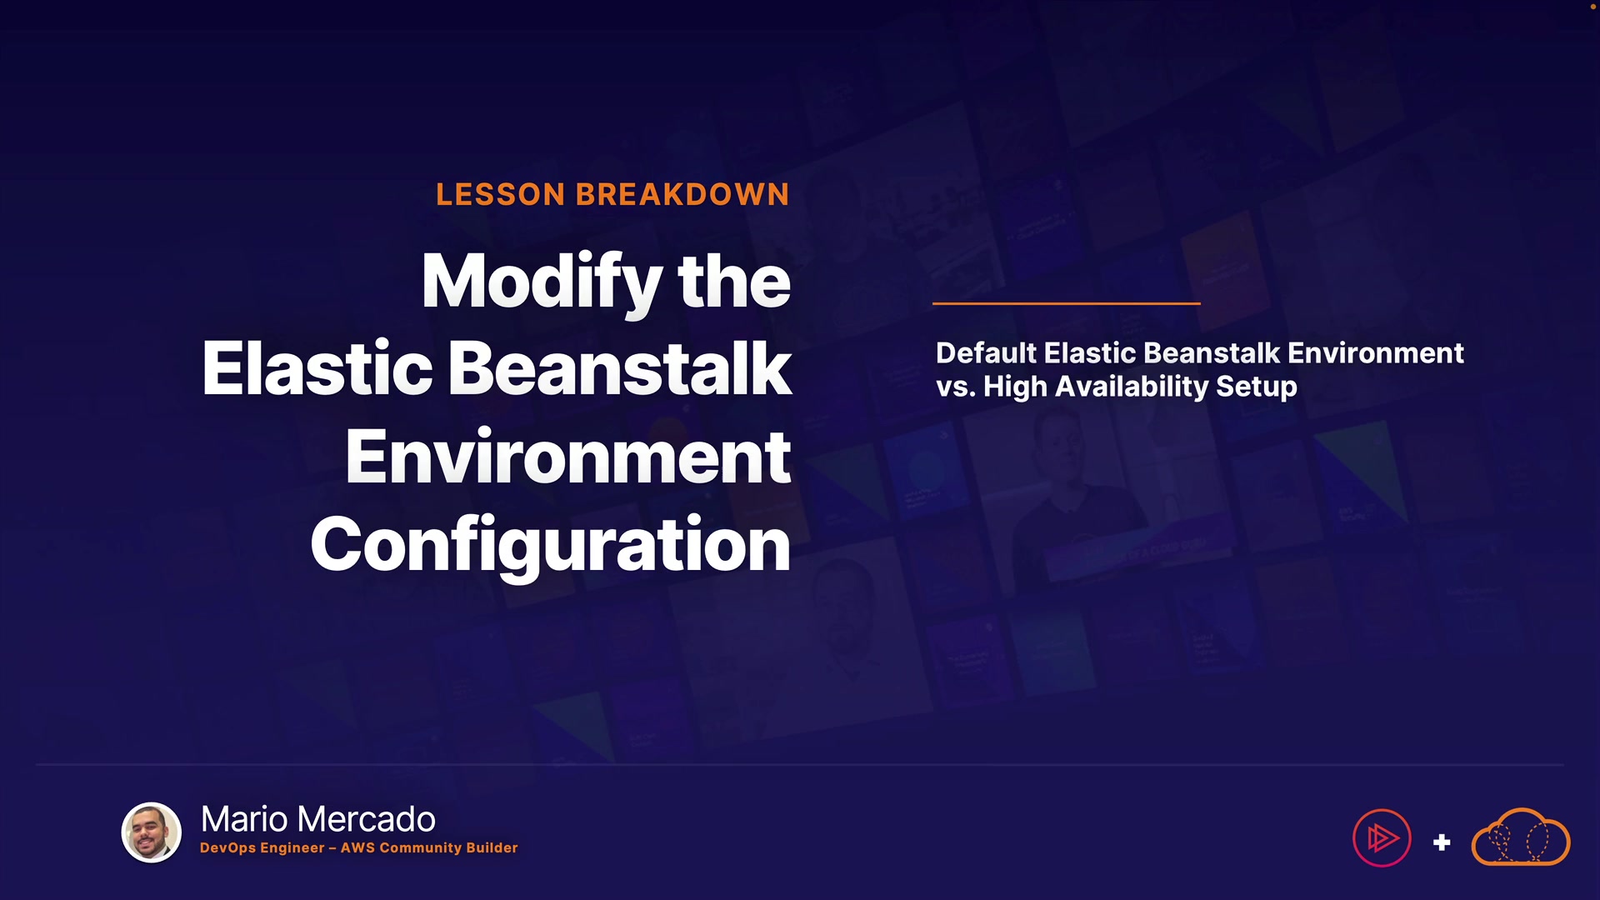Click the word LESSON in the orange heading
[501, 195]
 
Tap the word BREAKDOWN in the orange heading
[682, 195]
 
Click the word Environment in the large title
[568, 457]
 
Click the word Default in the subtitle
[987, 352]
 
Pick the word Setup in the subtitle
[1257, 387]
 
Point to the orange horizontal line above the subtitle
[1067, 303]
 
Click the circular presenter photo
[152, 832]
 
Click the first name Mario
[244, 819]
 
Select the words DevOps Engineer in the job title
[262, 848]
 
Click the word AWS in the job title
[357, 847]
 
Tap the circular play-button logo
[1382, 838]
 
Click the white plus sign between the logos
[1442, 842]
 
